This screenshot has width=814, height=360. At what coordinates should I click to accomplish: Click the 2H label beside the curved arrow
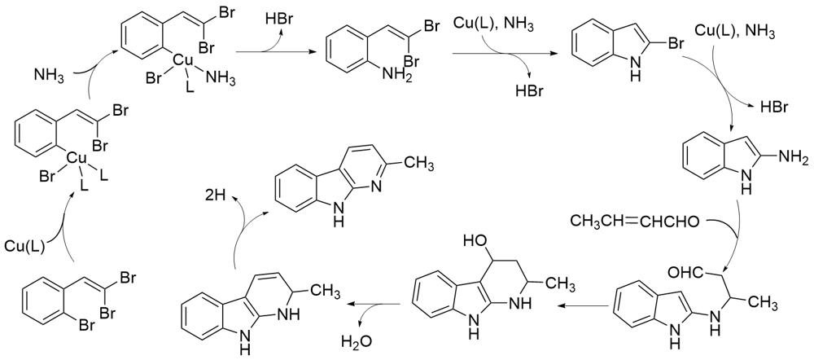pos(216,195)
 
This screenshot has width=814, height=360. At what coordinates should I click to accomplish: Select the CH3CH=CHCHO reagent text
pos(630,220)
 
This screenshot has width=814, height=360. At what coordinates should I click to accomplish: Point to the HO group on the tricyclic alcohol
pos(477,241)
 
